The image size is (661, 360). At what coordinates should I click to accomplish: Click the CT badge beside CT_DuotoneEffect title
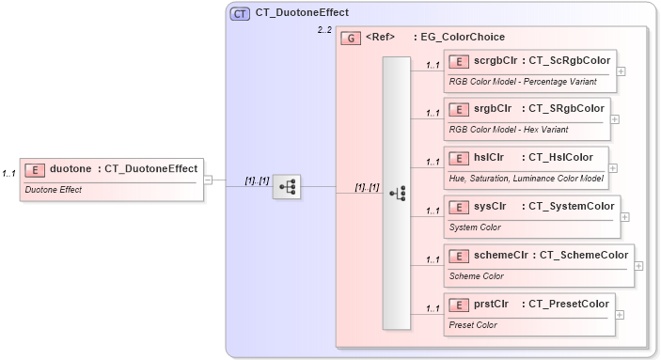coord(240,13)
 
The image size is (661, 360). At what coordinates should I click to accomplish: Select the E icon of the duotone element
coord(34,169)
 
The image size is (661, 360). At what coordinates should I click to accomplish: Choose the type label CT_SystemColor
coord(568,206)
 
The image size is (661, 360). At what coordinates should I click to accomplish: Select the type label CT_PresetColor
coord(568,304)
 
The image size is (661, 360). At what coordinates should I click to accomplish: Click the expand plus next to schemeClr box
coord(639,266)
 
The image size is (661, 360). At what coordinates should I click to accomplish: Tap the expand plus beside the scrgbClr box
coord(622,70)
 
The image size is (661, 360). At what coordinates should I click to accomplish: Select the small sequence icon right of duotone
coord(286,188)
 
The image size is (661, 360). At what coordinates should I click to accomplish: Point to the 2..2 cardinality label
coord(323,31)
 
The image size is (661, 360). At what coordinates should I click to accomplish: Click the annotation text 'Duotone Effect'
coord(54,190)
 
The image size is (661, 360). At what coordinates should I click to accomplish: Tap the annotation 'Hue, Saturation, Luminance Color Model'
coord(527,179)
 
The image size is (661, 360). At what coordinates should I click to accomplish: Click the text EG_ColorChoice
coord(459,38)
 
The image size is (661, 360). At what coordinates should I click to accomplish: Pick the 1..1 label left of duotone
coord(8,174)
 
